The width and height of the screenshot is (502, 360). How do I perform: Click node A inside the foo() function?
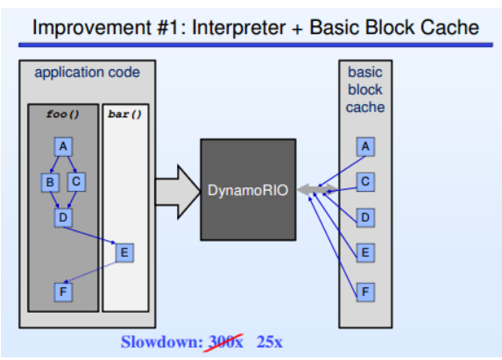[x=63, y=146]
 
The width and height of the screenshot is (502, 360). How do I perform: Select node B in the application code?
[x=49, y=181]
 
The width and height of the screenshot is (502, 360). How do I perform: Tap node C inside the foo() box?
[x=75, y=181]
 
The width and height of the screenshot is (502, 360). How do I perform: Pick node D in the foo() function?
[x=62, y=215]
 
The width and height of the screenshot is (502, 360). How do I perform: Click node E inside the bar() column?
[x=124, y=252]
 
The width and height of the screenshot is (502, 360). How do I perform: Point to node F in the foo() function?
[x=62, y=291]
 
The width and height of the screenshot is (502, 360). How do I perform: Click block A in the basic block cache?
[x=365, y=146]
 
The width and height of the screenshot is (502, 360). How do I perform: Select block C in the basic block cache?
[x=365, y=181]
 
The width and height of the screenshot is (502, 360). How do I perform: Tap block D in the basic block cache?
[x=365, y=216]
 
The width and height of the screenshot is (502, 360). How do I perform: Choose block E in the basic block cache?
[x=365, y=252]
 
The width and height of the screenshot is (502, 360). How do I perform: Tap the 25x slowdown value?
[x=269, y=342]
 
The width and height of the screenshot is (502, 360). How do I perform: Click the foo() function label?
[x=62, y=114]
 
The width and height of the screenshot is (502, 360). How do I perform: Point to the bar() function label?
[x=124, y=114]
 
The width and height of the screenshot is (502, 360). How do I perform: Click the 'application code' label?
[x=87, y=72]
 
